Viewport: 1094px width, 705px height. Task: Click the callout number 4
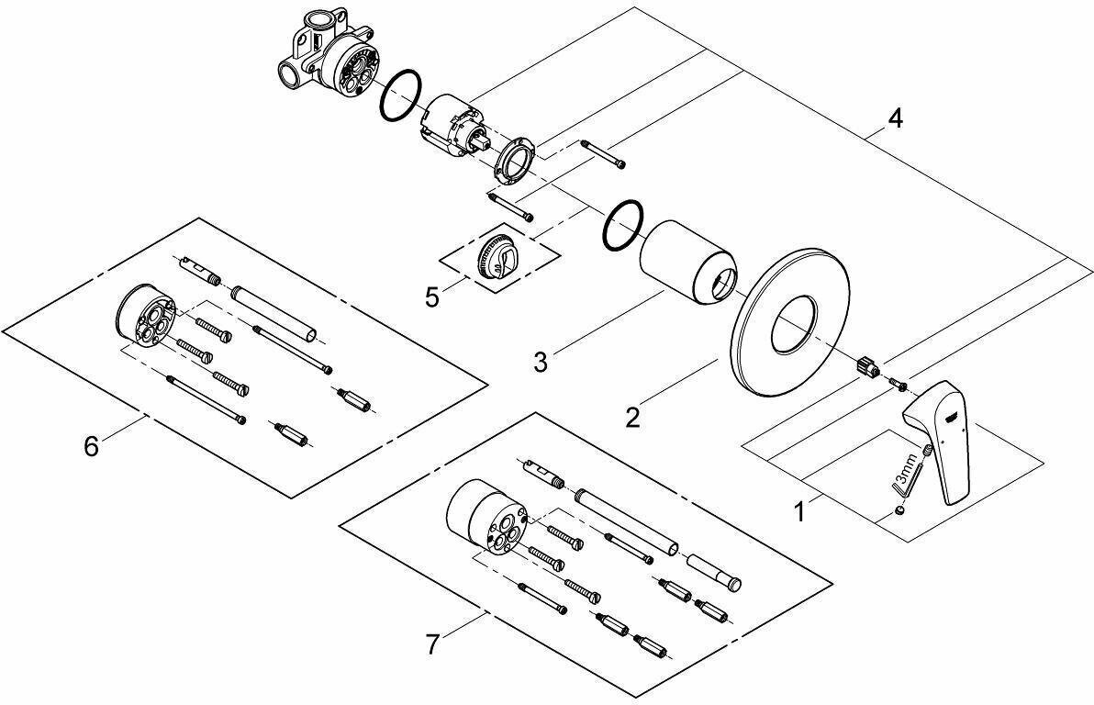(894, 118)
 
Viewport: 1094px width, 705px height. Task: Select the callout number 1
(799, 509)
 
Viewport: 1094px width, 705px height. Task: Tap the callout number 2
(632, 418)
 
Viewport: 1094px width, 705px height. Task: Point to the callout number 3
(541, 361)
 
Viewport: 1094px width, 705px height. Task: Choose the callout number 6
(90, 446)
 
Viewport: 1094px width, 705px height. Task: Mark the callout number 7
(432, 645)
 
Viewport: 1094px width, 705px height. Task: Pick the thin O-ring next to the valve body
(400, 95)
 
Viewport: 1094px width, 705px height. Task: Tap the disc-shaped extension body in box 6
(143, 322)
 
